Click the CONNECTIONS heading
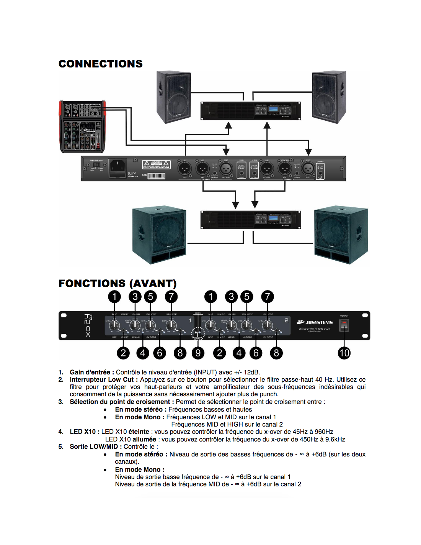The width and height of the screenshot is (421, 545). [100, 64]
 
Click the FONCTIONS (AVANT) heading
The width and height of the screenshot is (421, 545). [117, 284]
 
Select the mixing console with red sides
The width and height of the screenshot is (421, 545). [82, 126]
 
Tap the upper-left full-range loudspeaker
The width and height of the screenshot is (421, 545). [173, 97]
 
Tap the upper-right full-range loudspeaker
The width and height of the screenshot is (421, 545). [329, 97]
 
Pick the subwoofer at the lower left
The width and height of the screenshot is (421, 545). [159, 236]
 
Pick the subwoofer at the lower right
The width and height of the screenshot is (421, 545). [341, 236]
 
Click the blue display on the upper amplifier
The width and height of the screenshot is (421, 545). [273, 110]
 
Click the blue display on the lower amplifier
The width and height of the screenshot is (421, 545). [273, 218]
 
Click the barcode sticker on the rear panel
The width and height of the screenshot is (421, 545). [156, 176]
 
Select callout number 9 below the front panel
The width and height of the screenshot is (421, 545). [198, 353]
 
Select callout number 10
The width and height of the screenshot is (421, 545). [344, 353]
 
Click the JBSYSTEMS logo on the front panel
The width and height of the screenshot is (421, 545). [315, 322]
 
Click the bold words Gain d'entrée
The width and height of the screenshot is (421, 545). [90, 372]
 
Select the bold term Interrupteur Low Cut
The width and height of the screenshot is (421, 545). [101, 379]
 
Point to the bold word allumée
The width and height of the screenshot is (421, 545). [144, 439]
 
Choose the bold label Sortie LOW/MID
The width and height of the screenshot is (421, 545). [94, 447]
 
